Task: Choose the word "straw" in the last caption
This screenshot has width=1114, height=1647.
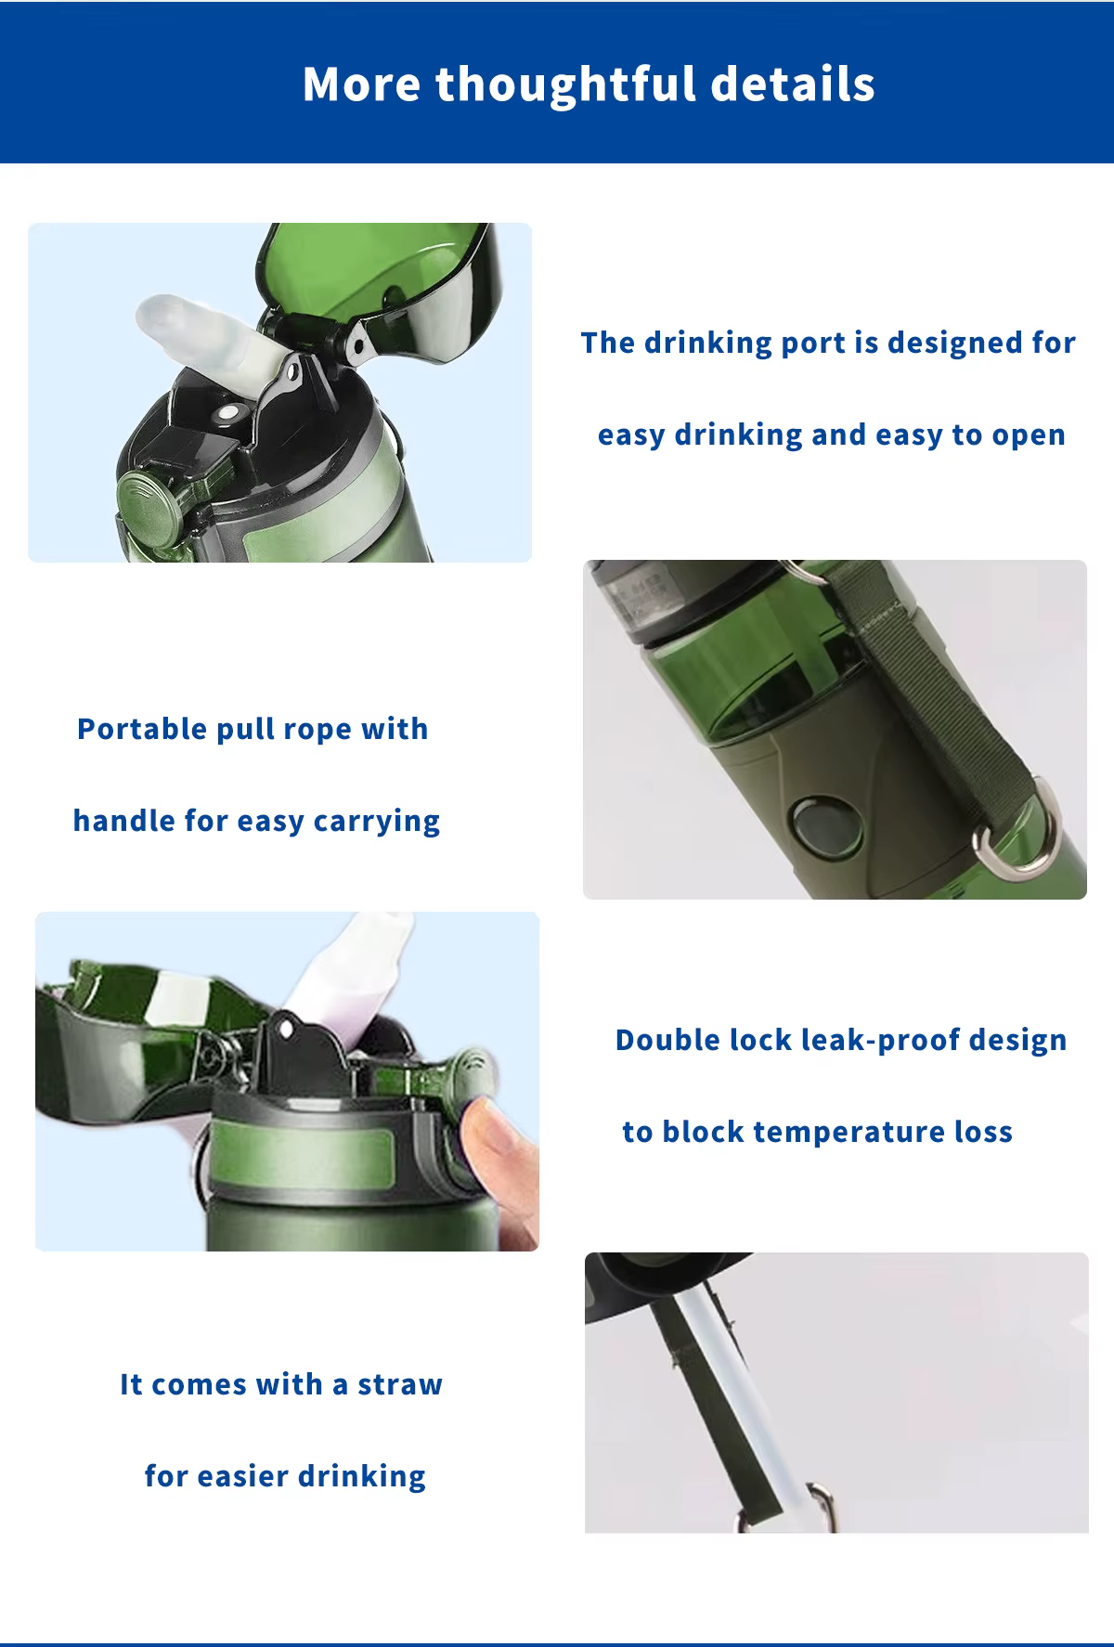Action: click(400, 1385)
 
